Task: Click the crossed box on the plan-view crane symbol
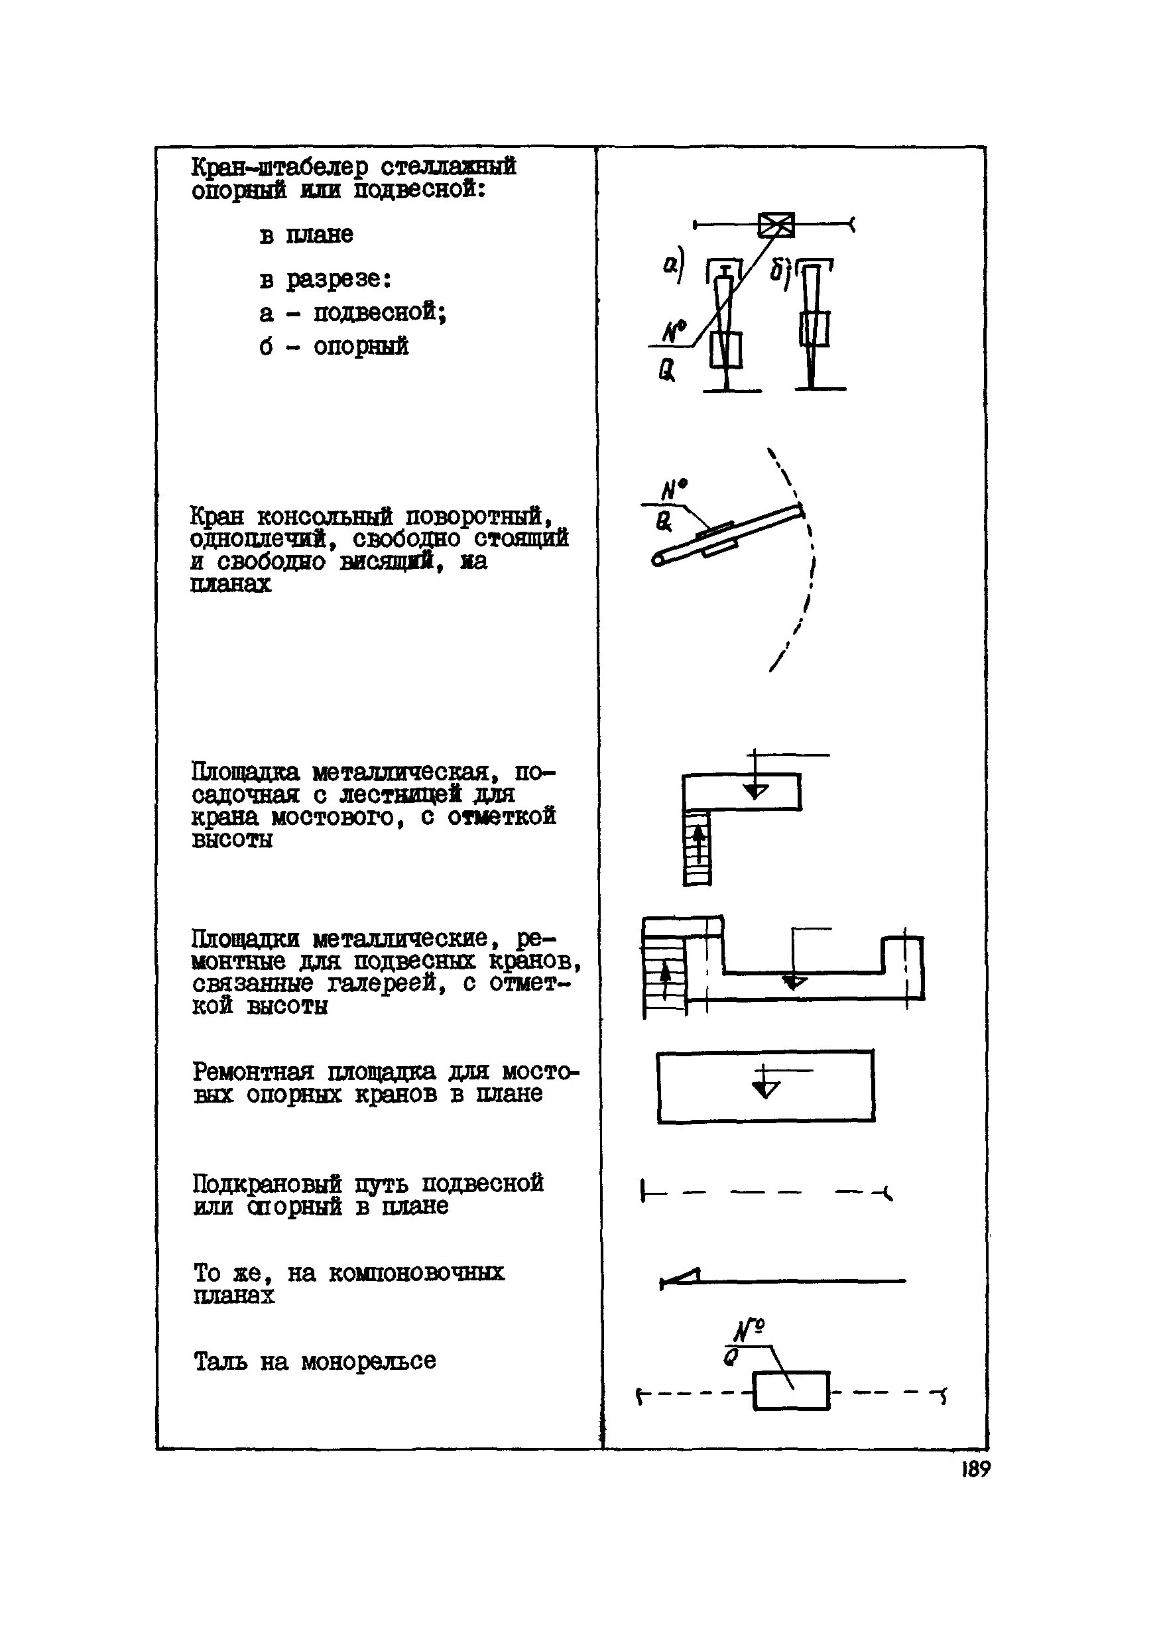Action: pos(776,225)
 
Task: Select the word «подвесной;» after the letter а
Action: pos(380,312)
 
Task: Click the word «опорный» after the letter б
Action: pos(361,346)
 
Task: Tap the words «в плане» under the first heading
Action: pos(306,234)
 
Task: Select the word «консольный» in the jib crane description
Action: pos(324,516)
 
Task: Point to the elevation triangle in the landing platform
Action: pos(755,790)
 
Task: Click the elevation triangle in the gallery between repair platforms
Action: pos(793,981)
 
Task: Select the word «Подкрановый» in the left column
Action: pos(267,1183)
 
